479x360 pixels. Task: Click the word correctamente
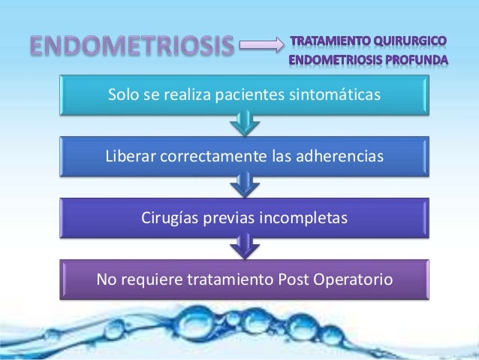click(208, 156)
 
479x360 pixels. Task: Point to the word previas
click(231, 218)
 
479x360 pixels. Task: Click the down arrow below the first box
click(242, 122)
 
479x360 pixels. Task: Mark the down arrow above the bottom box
click(242, 245)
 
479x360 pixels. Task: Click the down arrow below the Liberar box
click(242, 183)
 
